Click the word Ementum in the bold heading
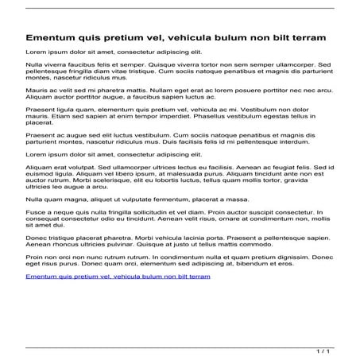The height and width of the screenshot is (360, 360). (x=52, y=37)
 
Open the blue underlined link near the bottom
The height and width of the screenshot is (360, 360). (x=118, y=277)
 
